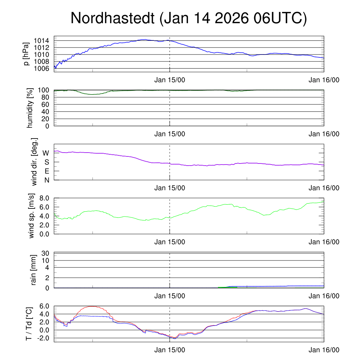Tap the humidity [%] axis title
click(30, 108)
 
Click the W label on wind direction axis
click(46, 153)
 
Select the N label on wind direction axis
click(46, 180)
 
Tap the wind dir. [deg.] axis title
click(34, 162)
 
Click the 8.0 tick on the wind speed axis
click(44, 198)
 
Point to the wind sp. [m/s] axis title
click(32, 216)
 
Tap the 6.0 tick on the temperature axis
click(44, 306)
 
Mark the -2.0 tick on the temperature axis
click(43, 338)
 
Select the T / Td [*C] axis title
click(30, 324)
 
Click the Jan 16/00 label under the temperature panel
click(324, 350)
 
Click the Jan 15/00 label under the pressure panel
click(169, 80)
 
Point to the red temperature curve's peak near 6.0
click(92, 306)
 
